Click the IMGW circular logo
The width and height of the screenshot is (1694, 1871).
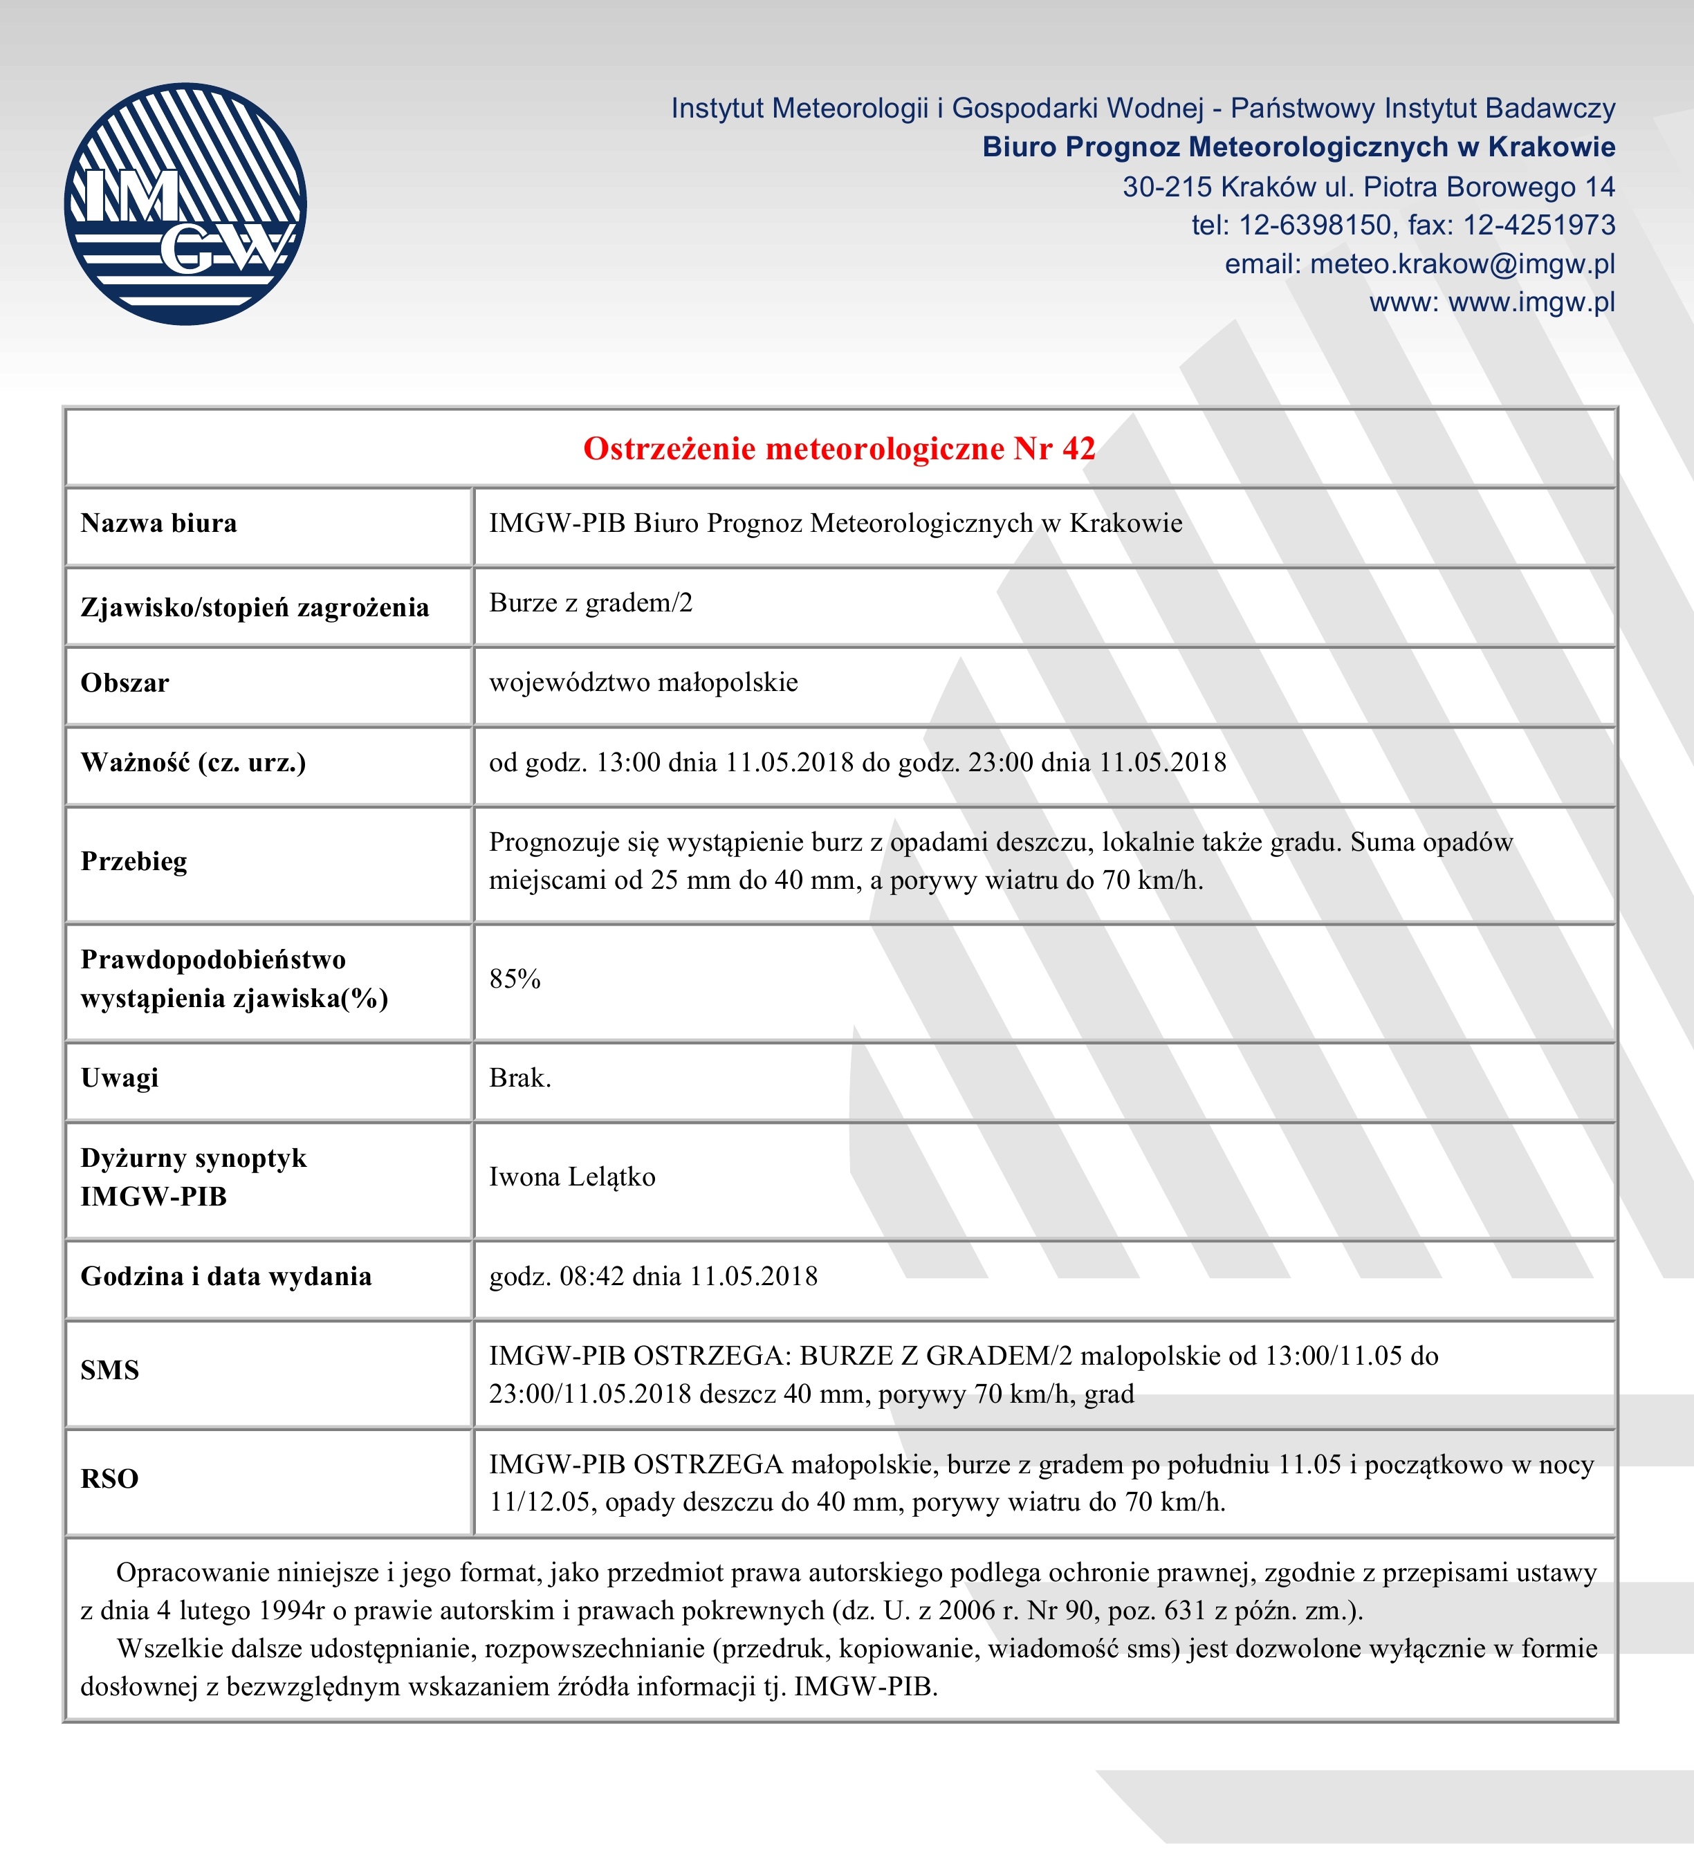185,204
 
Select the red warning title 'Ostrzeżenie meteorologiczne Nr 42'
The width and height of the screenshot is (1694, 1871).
839,449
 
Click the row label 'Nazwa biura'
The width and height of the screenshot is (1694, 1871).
158,524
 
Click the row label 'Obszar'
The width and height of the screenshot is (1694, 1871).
125,683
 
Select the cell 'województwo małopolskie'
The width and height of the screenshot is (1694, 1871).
643,683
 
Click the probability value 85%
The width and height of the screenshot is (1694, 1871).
514,979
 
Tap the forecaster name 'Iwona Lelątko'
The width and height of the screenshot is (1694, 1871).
572,1177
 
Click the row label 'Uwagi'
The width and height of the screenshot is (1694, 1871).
120,1078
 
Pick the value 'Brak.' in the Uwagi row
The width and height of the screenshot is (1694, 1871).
519,1078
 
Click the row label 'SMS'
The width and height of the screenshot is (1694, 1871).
109,1370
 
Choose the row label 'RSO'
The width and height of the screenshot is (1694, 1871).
109,1478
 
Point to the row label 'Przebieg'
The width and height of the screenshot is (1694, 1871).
134,861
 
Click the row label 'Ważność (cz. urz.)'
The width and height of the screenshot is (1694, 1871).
193,763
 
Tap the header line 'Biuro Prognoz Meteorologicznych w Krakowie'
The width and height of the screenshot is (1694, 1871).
1298,147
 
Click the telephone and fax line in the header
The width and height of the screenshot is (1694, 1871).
1403,225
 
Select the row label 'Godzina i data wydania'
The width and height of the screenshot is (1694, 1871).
225,1276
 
